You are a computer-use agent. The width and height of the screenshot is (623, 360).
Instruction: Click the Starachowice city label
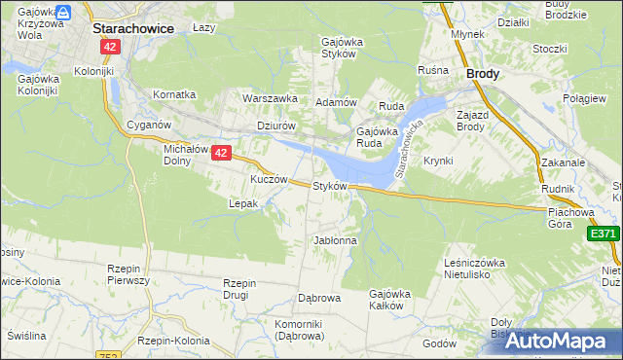[x=132, y=28]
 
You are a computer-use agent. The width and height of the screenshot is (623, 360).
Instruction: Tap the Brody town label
[x=484, y=73]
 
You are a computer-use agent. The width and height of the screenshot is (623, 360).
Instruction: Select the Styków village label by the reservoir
[x=330, y=186]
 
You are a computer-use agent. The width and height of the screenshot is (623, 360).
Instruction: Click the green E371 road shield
[x=604, y=234]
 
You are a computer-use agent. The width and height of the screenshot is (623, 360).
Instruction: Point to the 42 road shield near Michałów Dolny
[x=221, y=153]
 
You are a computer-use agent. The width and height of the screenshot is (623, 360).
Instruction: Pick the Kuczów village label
[x=269, y=180]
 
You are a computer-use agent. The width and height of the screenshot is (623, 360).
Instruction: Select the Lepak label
[x=242, y=204]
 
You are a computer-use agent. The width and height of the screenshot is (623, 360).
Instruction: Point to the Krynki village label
[x=438, y=161]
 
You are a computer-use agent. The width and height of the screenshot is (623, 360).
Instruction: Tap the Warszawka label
[x=270, y=98]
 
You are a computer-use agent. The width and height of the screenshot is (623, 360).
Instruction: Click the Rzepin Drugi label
[x=238, y=289]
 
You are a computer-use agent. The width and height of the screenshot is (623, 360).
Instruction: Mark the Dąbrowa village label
[x=317, y=299]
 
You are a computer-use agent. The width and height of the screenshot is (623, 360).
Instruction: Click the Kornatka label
[x=174, y=94]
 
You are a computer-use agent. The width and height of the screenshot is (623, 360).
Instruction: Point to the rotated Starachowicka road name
[x=411, y=153]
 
